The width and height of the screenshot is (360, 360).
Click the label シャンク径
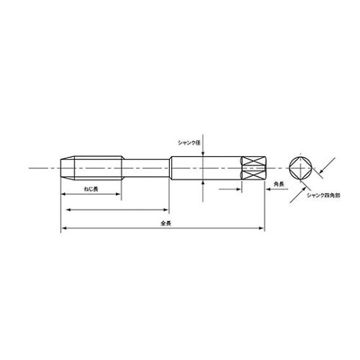(x=189, y=143)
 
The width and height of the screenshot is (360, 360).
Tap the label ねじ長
(x=91, y=189)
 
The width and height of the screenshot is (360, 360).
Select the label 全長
(x=166, y=223)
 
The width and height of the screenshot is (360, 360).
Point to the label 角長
(x=279, y=184)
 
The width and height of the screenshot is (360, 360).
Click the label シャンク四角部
(x=323, y=195)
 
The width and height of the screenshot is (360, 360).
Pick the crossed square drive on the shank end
(x=253, y=168)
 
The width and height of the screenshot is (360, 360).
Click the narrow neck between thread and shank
(x=146, y=168)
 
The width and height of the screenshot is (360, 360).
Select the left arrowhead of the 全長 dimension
(x=63, y=228)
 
